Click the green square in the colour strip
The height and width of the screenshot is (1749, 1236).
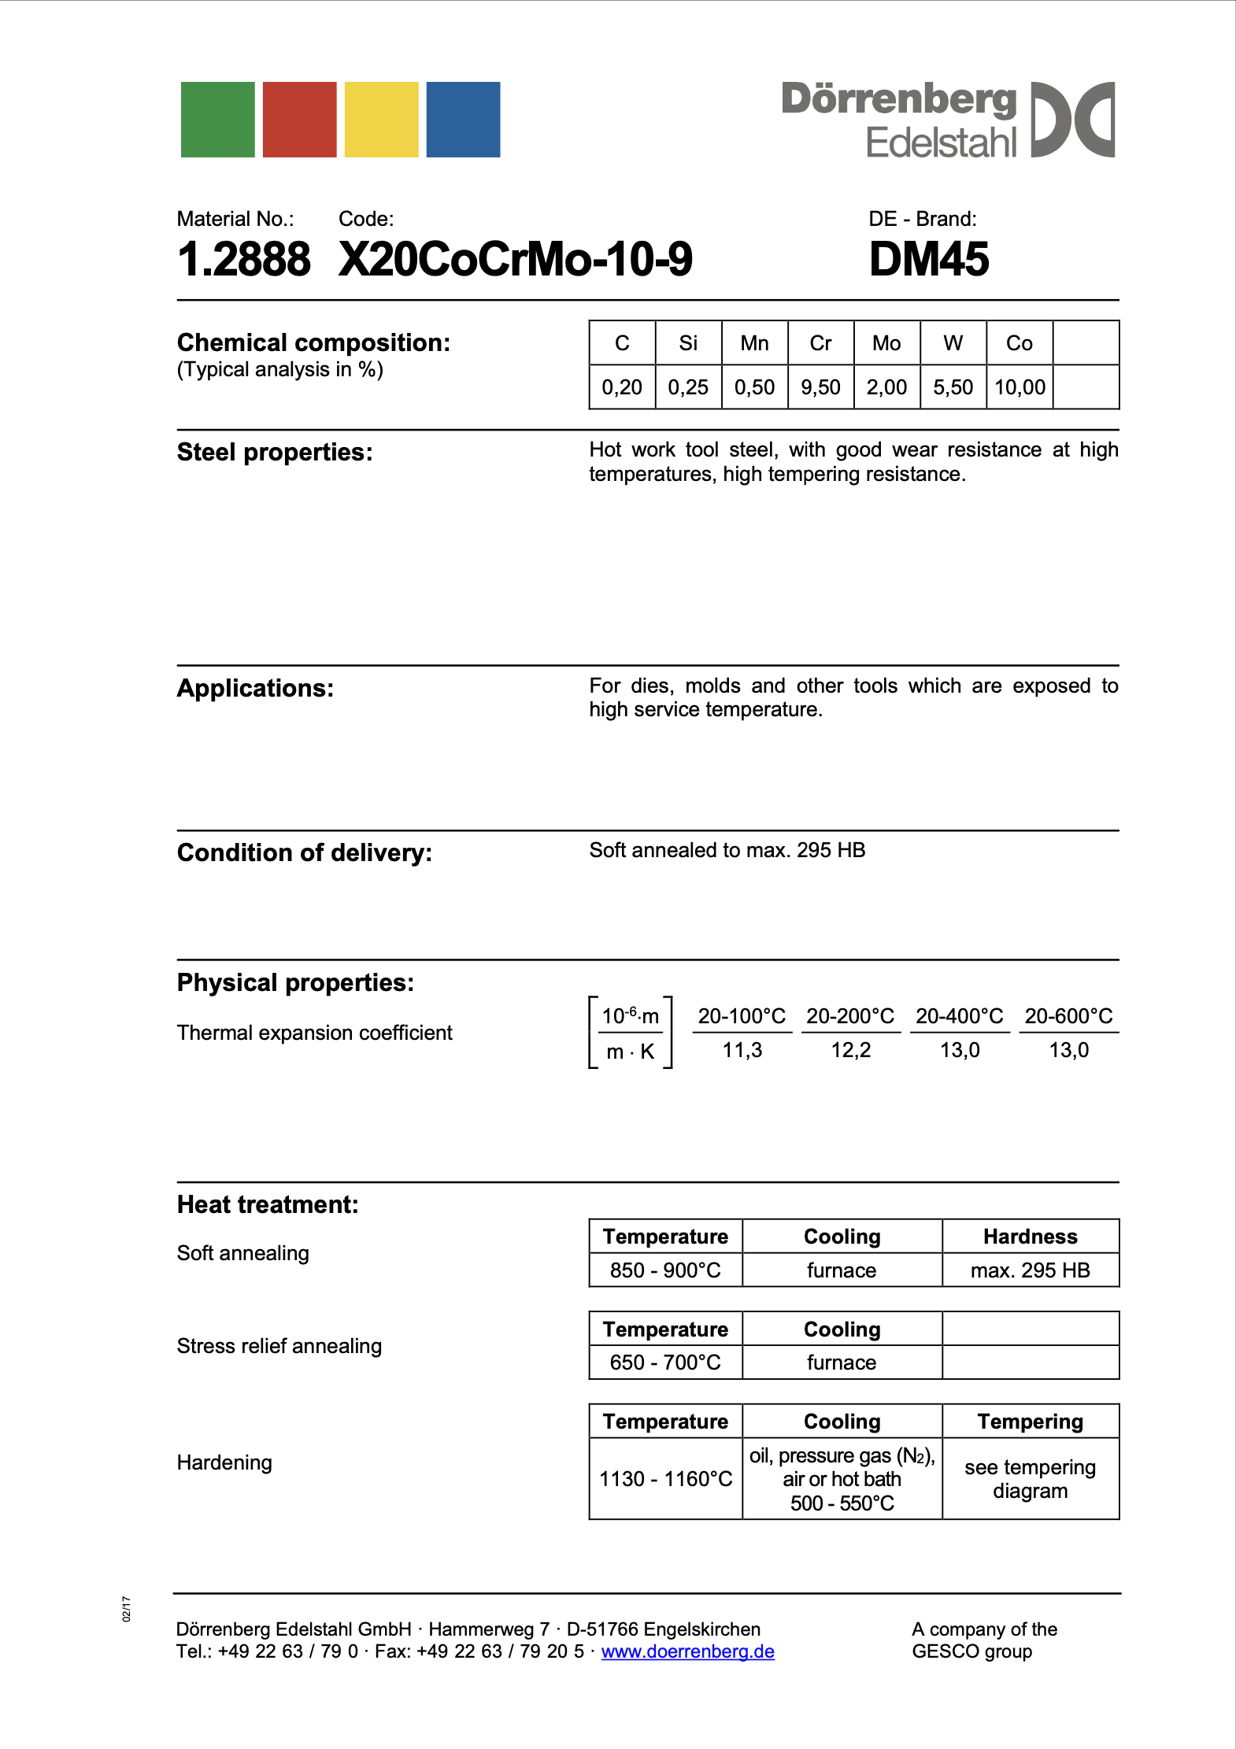click(217, 120)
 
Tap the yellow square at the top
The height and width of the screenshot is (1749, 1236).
click(382, 120)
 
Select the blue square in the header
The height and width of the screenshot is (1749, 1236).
click(463, 120)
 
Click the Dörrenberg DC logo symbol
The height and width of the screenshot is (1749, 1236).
click(1072, 120)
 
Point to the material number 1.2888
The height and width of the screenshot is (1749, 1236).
click(244, 259)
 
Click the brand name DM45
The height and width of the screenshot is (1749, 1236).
click(929, 259)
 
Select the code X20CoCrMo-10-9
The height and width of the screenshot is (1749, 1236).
click(516, 259)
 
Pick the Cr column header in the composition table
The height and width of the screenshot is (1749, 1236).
click(820, 343)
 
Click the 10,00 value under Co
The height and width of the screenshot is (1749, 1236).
click(1020, 387)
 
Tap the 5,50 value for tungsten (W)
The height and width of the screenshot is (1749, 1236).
click(953, 387)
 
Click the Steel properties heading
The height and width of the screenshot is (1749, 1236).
click(275, 452)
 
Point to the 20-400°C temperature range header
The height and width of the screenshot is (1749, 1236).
click(959, 1016)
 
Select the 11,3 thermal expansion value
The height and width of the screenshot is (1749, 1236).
click(742, 1050)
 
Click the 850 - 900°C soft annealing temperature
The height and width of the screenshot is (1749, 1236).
click(665, 1270)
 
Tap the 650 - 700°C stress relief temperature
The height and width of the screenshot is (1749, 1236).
click(665, 1363)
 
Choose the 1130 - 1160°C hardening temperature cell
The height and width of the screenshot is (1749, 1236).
click(665, 1479)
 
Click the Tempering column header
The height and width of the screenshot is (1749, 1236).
click(1030, 1422)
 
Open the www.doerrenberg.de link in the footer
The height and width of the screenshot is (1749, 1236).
click(687, 1651)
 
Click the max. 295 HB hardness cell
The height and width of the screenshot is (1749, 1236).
click(1030, 1270)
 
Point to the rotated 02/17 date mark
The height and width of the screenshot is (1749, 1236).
click(127, 1609)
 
